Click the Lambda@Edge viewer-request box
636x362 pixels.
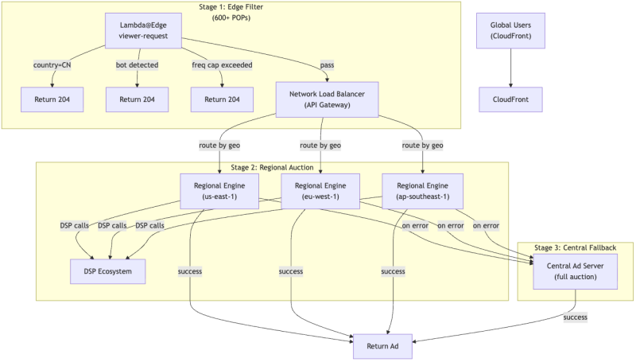click(143, 30)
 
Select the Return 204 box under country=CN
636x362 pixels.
click(52, 99)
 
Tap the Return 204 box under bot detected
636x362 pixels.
click(137, 99)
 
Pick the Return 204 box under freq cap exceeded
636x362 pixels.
click(222, 99)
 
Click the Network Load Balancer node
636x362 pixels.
click(327, 99)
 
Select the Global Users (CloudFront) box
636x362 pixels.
click(510, 30)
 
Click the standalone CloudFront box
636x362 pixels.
click(510, 99)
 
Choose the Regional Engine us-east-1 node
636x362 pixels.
click(219, 191)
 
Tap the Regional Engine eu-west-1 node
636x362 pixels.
click(320, 191)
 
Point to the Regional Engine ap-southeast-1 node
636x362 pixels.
click(423, 191)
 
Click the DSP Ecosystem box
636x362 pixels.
click(108, 271)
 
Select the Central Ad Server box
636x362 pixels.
click(575, 271)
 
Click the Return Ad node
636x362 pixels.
click(382, 346)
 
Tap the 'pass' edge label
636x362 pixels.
click(327, 65)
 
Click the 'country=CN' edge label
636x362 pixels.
click(52, 65)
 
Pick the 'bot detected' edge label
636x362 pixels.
click(137, 65)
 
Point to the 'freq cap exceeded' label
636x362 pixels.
click(222, 65)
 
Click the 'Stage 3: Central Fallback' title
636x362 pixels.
click(575, 247)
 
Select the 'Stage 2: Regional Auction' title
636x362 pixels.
click(272, 167)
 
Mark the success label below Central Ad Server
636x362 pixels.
click(575, 317)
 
